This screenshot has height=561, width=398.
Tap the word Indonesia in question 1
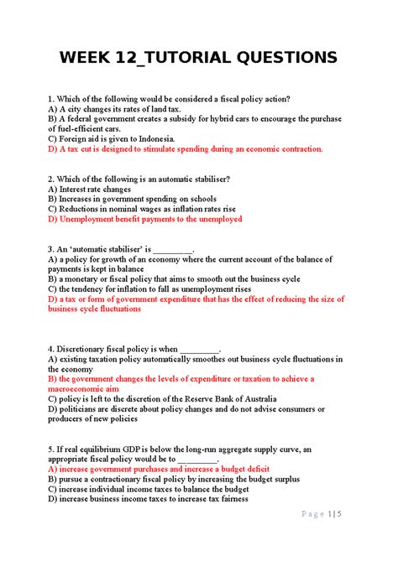coord(149,138)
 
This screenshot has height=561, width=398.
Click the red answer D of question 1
coord(185,149)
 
